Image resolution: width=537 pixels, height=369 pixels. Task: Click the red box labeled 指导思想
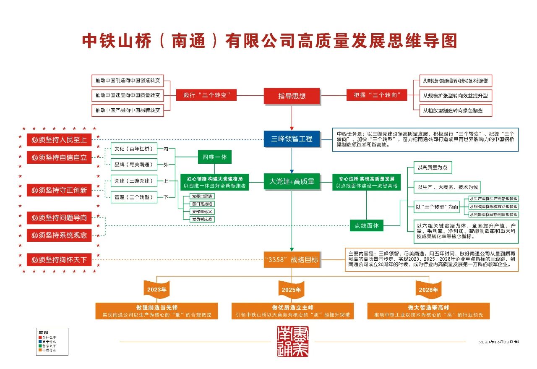pos(292,96)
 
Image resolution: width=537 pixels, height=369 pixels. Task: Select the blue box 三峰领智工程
pos(292,139)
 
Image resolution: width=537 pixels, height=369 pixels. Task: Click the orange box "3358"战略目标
pos(292,260)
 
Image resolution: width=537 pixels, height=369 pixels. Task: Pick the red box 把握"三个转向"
pos(377,95)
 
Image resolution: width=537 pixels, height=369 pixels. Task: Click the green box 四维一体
pos(214,157)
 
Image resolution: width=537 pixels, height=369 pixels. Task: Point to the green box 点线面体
pos(367,225)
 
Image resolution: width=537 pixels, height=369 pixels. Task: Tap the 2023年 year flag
pos(156,289)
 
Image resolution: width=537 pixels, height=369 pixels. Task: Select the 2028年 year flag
pos(428,289)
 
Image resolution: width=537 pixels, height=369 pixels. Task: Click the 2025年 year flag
pos(292,289)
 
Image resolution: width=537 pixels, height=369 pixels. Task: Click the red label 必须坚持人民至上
pos(59,140)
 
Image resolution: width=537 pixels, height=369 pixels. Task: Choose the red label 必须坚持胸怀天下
pos(59,260)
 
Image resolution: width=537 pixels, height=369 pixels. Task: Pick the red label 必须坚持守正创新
pos(59,190)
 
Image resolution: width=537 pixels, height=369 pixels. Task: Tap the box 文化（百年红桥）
pos(133,149)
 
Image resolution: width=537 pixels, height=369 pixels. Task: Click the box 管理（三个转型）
pos(133,197)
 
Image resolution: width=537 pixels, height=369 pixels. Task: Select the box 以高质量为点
pos(433,167)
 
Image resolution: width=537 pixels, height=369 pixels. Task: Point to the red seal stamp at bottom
pos(292,342)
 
